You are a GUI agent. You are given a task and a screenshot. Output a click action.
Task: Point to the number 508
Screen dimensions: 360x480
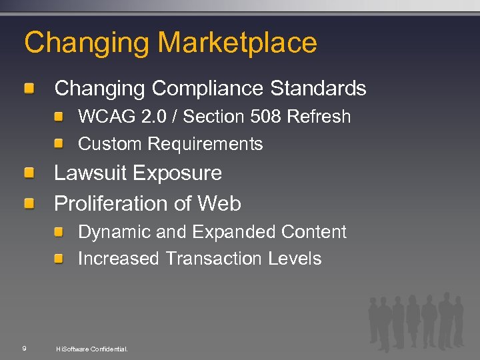coord(267,117)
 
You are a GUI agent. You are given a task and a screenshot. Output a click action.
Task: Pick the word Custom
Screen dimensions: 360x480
coord(110,144)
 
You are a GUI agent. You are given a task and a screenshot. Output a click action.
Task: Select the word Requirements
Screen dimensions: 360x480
coord(205,144)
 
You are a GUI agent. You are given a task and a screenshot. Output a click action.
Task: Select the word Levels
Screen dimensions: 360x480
coord(295,259)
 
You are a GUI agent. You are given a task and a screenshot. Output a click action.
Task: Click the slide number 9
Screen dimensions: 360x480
coord(24,348)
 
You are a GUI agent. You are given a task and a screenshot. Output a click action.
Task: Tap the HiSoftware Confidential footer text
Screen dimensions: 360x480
coord(92,349)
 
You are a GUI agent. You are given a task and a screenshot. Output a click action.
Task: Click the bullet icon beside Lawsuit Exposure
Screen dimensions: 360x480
coord(30,174)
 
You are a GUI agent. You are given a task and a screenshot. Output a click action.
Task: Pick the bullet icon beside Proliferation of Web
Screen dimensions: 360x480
coord(30,204)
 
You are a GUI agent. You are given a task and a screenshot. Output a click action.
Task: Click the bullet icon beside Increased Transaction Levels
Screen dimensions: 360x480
coord(59,259)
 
